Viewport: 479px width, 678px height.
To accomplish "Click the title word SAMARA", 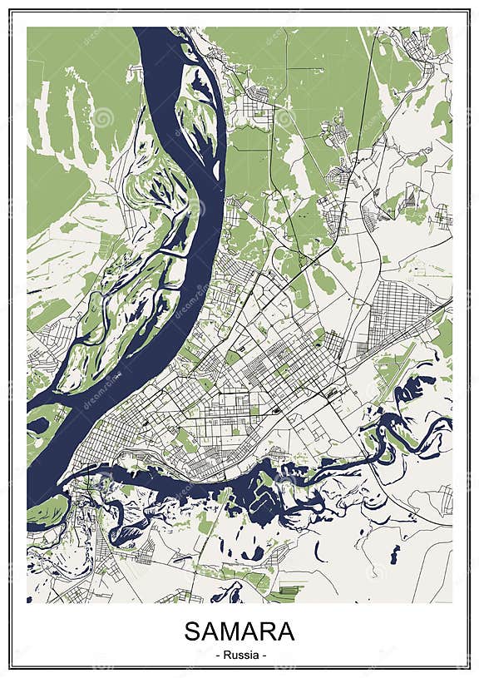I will tap(239, 631).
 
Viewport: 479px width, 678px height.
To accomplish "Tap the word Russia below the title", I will tap(239, 655).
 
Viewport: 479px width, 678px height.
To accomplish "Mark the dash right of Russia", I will tap(264, 655).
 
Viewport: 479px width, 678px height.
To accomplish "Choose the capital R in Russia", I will tap(225, 655).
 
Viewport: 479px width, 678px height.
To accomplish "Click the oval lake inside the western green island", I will tap(38, 426).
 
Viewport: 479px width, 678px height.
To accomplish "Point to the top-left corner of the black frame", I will tap(10, 10).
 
